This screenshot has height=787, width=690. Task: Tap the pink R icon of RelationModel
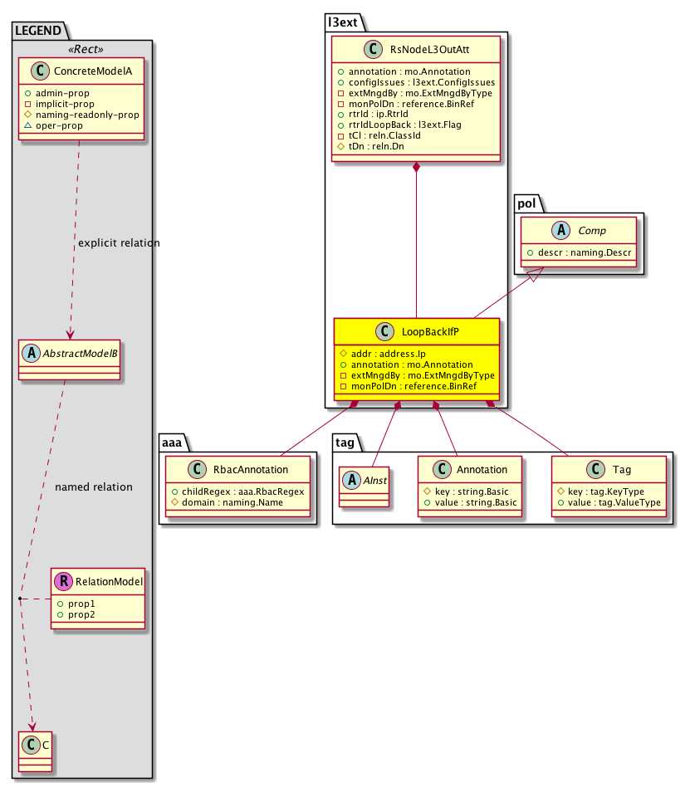63,583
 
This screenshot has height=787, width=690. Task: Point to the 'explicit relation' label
118,243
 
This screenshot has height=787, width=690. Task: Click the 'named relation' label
93,486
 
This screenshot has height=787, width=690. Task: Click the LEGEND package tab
37,32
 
